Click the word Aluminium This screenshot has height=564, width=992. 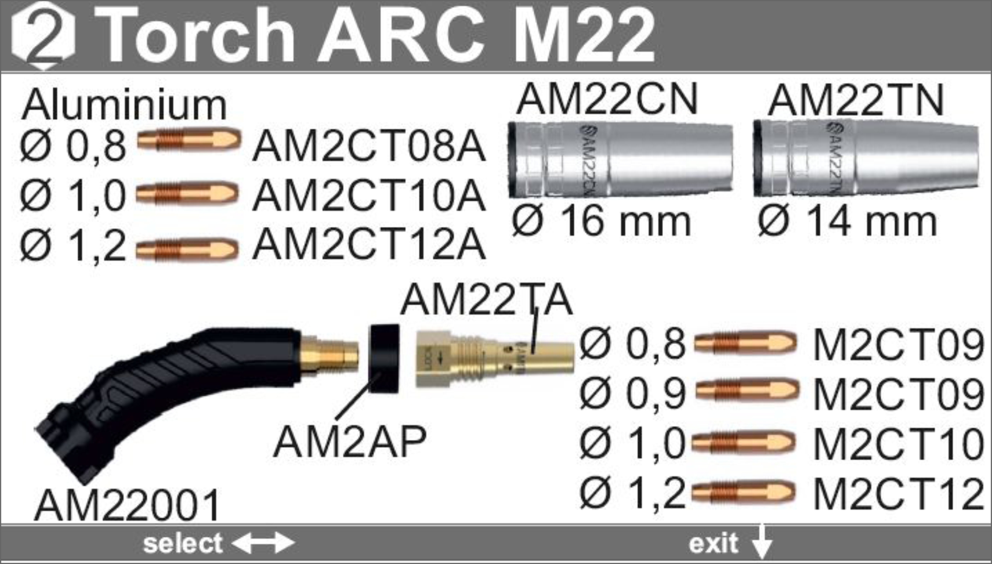(124, 105)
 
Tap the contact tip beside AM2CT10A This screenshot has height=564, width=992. (187, 193)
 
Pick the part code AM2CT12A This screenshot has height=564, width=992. (369, 244)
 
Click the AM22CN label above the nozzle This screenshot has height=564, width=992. (607, 99)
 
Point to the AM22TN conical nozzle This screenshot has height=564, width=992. (865, 158)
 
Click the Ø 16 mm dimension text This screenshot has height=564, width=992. (601, 221)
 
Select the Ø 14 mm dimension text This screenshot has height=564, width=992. (847, 221)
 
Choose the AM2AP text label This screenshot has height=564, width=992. (350, 442)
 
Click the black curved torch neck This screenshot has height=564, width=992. (169, 392)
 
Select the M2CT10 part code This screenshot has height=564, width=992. (898, 443)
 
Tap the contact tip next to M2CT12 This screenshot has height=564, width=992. (743, 493)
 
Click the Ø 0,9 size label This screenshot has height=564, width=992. (632, 393)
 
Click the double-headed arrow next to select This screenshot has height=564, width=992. (263, 543)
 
